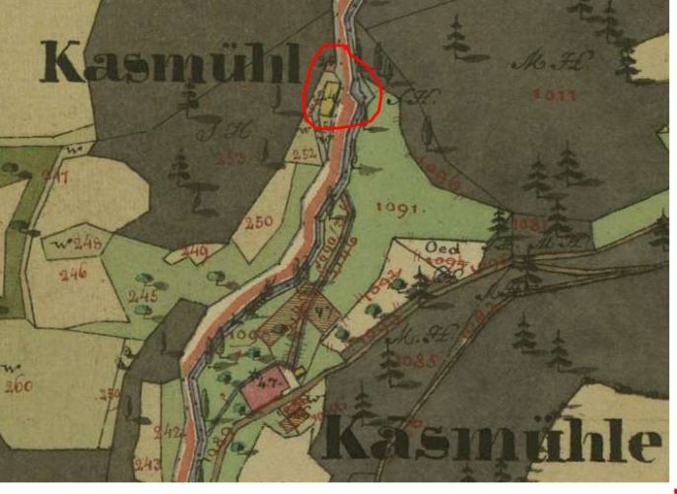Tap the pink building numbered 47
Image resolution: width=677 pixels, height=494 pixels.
pyautogui.click(x=264, y=386)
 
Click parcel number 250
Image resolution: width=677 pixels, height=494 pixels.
pyautogui.click(x=258, y=223)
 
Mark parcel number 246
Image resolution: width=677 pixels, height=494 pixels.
pyautogui.click(x=72, y=273)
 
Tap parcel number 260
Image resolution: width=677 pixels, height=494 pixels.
pyautogui.click(x=17, y=386)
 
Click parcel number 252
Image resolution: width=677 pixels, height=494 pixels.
pyautogui.click(x=305, y=154)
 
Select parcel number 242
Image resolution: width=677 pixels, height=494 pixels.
pyautogui.click(x=168, y=431)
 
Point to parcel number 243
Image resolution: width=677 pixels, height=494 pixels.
pyautogui.click(x=149, y=463)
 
